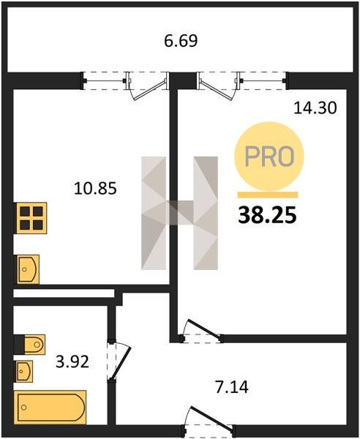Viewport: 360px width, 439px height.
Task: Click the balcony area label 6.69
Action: tap(181, 40)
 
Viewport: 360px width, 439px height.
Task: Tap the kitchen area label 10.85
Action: tap(95, 188)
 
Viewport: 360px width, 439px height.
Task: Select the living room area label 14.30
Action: tap(315, 108)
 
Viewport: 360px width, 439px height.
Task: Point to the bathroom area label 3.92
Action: tap(72, 361)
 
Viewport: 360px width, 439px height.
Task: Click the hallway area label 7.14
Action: tap(232, 388)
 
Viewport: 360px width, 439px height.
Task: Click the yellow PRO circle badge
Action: tap(269, 157)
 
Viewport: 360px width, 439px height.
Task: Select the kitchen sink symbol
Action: tap(26, 269)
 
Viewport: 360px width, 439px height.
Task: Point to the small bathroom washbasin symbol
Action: tap(23, 371)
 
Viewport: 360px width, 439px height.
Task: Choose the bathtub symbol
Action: tap(50, 408)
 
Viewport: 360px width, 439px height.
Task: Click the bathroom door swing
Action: tap(120, 360)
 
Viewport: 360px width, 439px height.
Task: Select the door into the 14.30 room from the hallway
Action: tap(202, 331)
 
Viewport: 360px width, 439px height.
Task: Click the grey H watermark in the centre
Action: tap(179, 213)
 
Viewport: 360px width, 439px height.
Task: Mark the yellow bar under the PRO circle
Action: tap(268, 195)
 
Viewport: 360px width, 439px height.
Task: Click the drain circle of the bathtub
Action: tap(23, 408)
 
